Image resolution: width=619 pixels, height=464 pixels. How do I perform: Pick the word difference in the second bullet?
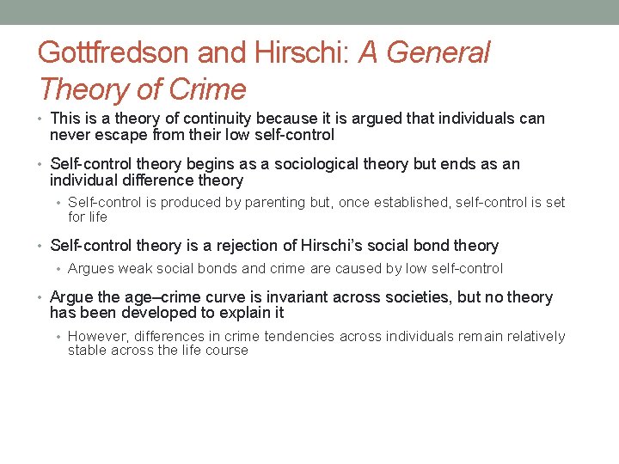tap(142, 180)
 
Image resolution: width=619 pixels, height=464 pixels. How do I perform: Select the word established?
tap(411, 203)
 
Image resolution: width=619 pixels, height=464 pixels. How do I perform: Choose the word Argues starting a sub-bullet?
tap(90, 269)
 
